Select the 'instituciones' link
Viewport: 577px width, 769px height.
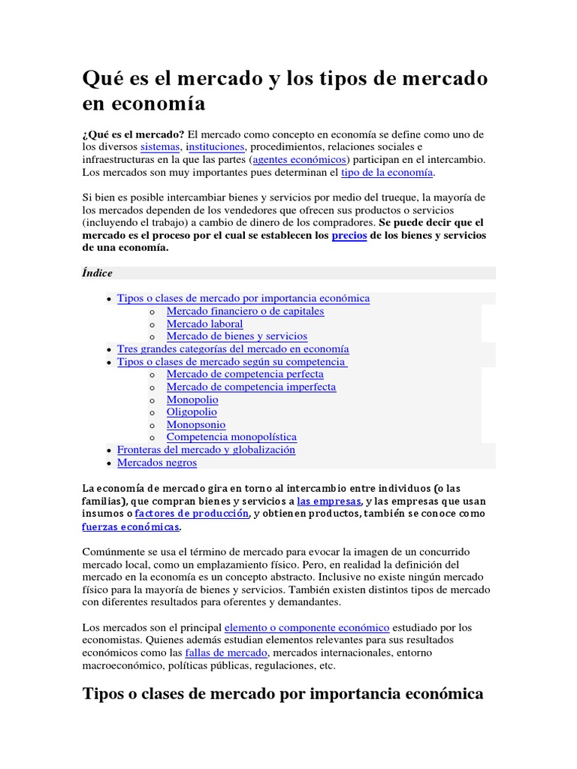(215, 146)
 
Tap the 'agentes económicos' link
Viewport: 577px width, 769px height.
(300, 159)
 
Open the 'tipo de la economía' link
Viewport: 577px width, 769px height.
(387, 172)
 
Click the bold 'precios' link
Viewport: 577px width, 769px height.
(349, 235)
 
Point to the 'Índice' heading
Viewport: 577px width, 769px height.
(97, 273)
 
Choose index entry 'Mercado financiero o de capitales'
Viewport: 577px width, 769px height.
(245, 311)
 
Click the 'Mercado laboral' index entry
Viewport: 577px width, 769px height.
(204, 324)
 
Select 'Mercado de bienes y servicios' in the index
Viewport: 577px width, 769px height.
(237, 336)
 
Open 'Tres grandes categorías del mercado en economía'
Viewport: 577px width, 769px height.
(233, 349)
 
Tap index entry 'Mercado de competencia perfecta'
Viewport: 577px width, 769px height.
(245, 374)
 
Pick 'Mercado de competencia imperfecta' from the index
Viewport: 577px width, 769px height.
(251, 387)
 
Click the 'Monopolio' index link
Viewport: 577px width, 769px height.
(192, 400)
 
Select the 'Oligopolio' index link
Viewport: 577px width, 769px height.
(192, 412)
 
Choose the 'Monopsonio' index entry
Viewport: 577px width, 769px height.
(195, 424)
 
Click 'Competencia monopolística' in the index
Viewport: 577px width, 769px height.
(231, 436)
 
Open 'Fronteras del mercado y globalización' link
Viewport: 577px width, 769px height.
(206, 449)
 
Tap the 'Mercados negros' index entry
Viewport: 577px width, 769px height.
(157, 463)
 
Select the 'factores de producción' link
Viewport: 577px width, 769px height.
(192, 514)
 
